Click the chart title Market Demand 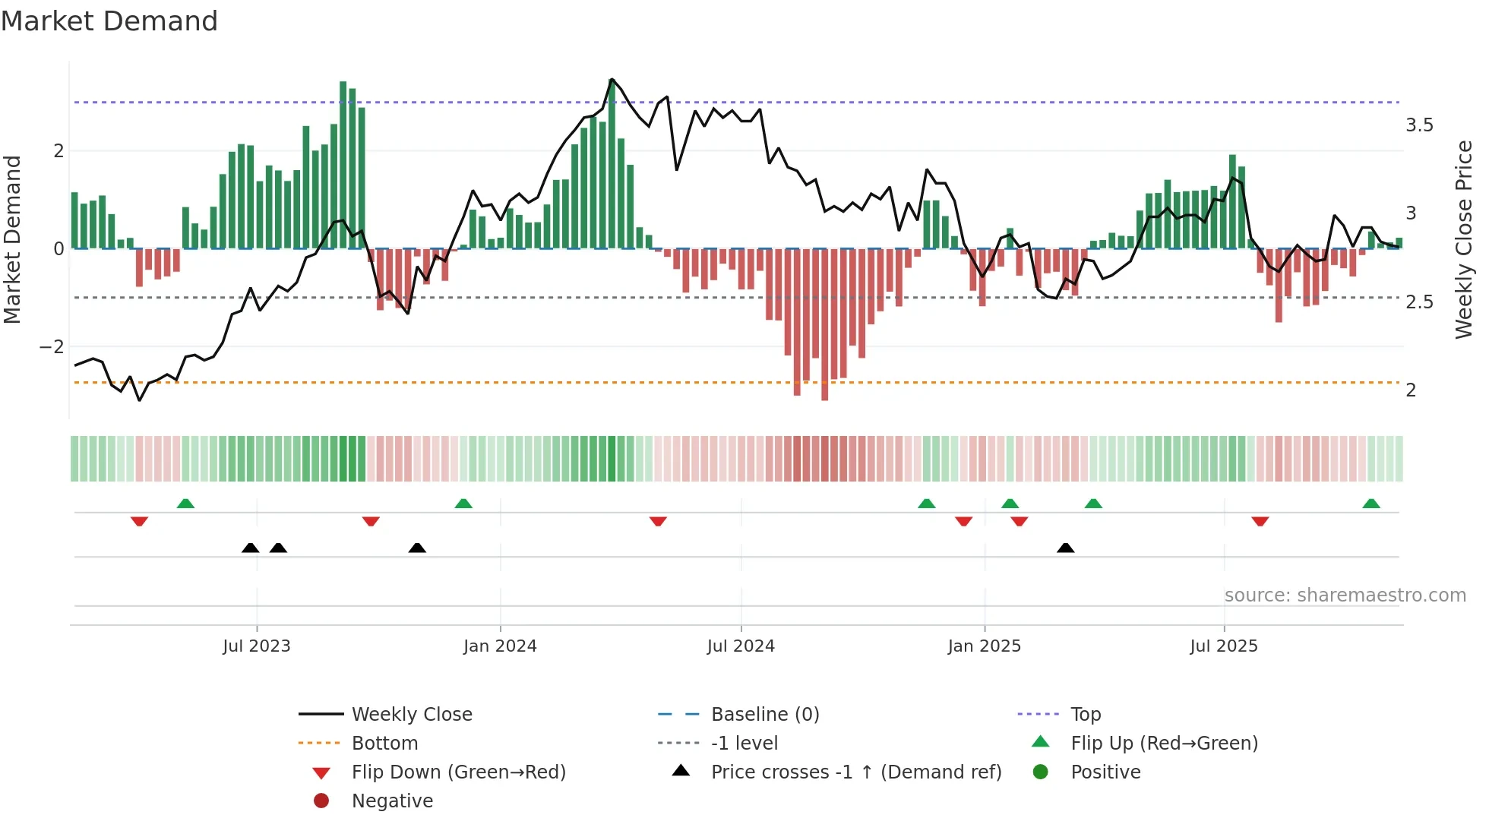click(109, 21)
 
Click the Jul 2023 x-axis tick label click(257, 646)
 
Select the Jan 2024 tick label click(500, 646)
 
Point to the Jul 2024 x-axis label click(741, 646)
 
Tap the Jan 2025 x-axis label click(985, 646)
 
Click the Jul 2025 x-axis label click(1224, 646)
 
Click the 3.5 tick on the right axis click(1419, 125)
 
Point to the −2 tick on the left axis click(52, 347)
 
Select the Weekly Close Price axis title click(1463, 239)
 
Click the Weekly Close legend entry click(412, 715)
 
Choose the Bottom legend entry click(384, 744)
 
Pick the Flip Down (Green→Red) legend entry click(458, 772)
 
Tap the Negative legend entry click(392, 801)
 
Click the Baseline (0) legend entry click(765, 715)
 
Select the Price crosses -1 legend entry click(856, 772)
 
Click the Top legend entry click(1086, 715)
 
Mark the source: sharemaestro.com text click(1345, 595)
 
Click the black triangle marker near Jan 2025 click(1066, 548)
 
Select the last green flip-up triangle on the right click(1371, 504)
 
